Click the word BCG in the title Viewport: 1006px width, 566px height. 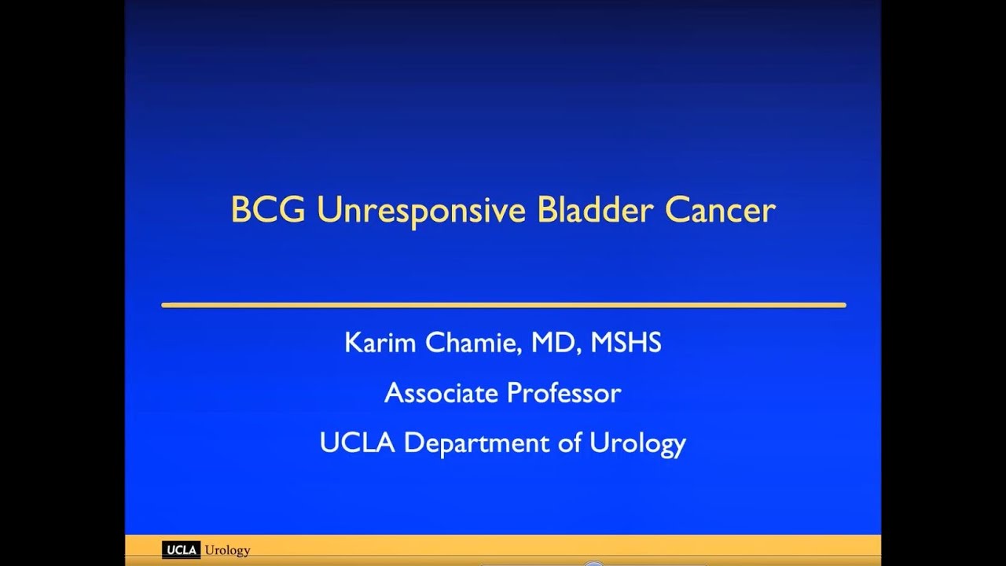tap(268, 211)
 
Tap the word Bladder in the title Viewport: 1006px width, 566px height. tap(597, 211)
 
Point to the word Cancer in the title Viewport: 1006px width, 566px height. tap(721, 211)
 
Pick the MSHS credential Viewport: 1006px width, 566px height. tap(626, 343)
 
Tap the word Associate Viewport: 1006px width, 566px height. tap(441, 392)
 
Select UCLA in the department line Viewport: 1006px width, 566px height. tap(358, 443)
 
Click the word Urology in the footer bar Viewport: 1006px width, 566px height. tap(227, 550)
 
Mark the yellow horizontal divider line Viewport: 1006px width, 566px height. tap(503, 305)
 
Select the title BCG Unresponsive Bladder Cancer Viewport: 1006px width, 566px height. tap(503, 211)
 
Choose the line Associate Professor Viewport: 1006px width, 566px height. tap(503, 392)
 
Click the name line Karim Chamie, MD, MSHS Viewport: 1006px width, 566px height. tap(503, 343)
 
